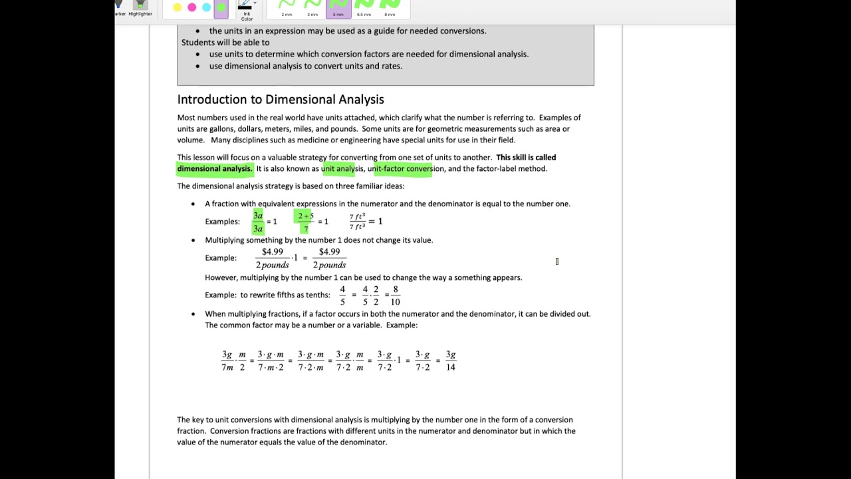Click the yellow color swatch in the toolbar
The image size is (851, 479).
(x=177, y=7)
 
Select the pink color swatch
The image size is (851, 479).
(x=191, y=7)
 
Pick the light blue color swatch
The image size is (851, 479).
(x=206, y=7)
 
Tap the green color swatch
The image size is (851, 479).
(x=221, y=7)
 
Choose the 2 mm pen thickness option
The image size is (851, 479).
(x=287, y=7)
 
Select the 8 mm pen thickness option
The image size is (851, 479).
(x=390, y=7)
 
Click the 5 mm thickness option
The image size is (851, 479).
(x=338, y=7)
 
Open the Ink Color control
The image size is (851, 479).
(x=247, y=9)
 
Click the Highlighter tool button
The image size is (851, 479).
(x=140, y=7)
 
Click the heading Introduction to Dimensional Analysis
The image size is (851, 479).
(x=281, y=99)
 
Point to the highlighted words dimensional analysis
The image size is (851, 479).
(x=215, y=169)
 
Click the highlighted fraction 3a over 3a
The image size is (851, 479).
(x=258, y=222)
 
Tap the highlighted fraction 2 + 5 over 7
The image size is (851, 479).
(x=306, y=222)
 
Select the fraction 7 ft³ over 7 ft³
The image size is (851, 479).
(x=357, y=222)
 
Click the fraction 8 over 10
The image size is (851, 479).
(x=395, y=295)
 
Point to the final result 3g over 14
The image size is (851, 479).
(x=451, y=361)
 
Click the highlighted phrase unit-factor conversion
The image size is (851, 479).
(x=405, y=169)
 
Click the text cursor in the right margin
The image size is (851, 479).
(x=557, y=261)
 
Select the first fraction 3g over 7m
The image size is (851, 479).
(x=227, y=361)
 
